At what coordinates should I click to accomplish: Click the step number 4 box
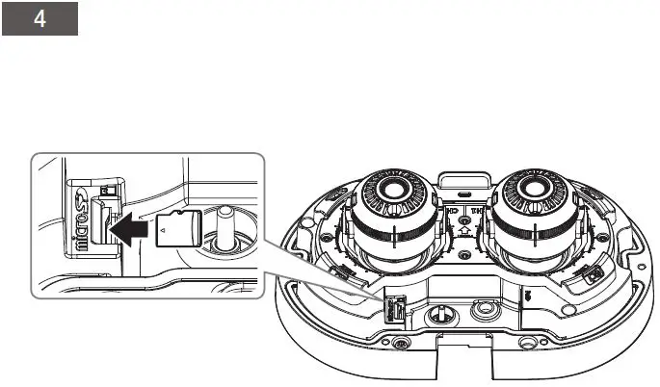pos(40,20)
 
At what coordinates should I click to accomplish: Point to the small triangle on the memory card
pos(165,230)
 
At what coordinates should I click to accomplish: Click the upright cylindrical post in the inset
pos(223,229)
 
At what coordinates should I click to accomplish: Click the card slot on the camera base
pos(392,308)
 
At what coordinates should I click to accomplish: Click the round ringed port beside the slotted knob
pos(482,310)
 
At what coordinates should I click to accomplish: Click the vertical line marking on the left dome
pos(397,240)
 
